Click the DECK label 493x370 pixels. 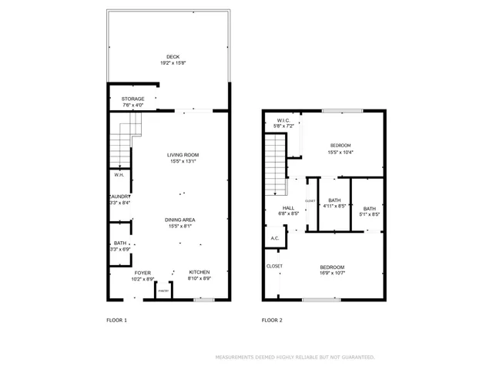[173, 56]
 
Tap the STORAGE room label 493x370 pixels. [132, 99]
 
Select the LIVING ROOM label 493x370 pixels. [183, 155]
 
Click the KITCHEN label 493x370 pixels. [199, 272]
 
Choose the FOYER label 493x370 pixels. [143, 272]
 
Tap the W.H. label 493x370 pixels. [119, 176]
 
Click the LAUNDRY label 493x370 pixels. [119, 197]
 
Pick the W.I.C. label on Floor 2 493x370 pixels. [283, 120]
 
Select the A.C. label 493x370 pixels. [275, 238]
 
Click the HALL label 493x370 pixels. [288, 207]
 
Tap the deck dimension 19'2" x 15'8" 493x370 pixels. [173, 62]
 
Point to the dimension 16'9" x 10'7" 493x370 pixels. [333, 273]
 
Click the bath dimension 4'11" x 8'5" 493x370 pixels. [334, 207]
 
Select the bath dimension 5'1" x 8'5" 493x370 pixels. [370, 214]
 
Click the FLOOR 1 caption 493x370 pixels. [116, 320]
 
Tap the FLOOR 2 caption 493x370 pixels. [272, 320]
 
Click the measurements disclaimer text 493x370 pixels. [295, 357]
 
